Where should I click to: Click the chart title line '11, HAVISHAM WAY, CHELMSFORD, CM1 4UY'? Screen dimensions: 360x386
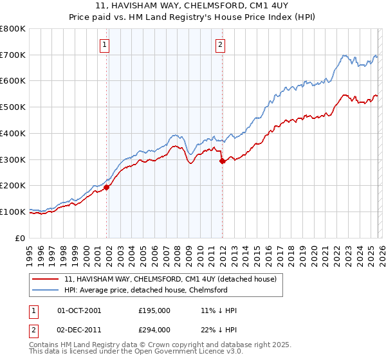[x=192, y=6]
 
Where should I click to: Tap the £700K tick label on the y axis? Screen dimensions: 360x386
[x=13, y=55]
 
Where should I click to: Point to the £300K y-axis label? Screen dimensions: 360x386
[x=13, y=159]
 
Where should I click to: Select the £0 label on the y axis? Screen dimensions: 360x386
[x=21, y=238]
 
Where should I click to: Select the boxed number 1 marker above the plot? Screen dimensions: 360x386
[x=104, y=44]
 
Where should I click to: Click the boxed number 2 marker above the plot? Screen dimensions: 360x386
[x=220, y=44]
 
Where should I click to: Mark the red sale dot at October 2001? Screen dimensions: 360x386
[x=107, y=187]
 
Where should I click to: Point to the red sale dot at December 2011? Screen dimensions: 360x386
[x=222, y=161]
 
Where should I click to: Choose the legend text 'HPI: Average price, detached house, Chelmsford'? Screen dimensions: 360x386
[x=146, y=290]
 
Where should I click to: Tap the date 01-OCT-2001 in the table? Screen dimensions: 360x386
[x=79, y=310]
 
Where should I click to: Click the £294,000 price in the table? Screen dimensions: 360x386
[x=154, y=330]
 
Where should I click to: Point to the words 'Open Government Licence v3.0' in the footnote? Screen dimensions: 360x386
[x=183, y=353]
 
